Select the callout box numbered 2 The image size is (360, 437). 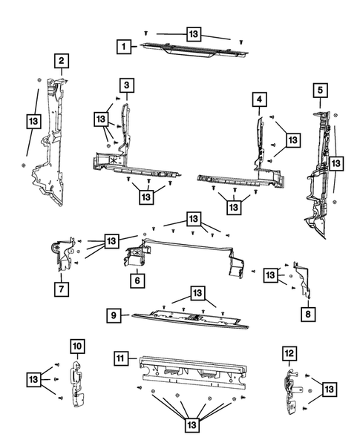62,61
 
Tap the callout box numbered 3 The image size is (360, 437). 127,87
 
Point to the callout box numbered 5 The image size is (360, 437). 320,91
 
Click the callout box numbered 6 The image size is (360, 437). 137,280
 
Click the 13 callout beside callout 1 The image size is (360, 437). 193,34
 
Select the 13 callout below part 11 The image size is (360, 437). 192,424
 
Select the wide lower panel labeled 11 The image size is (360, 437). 193,373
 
